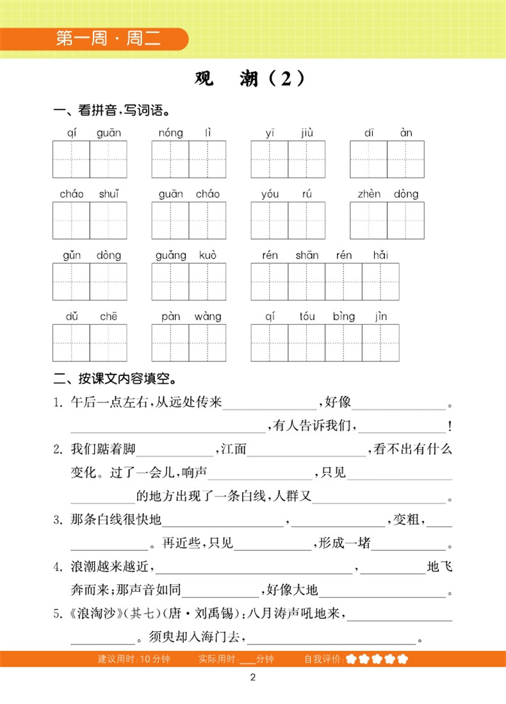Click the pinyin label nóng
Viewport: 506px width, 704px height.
pyautogui.click(x=171, y=133)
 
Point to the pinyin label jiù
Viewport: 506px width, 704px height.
pyautogui.click(x=307, y=133)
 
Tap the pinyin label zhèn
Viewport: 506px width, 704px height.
pyautogui.click(x=370, y=194)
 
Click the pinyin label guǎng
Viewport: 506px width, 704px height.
pyautogui.click(x=170, y=256)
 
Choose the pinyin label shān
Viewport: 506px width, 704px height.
pyautogui.click(x=307, y=256)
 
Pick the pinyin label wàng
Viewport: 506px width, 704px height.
pyautogui.click(x=208, y=316)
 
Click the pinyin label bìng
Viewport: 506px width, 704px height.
pyautogui.click(x=344, y=316)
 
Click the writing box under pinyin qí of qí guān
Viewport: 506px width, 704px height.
pyautogui.click(x=71, y=160)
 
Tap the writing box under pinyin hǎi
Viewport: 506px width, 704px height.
pyautogui.click(x=380, y=282)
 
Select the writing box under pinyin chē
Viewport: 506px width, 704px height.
pyautogui.click(x=108, y=343)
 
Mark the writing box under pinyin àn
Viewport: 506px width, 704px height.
pyautogui.click(x=405, y=160)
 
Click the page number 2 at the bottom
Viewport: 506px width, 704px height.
pyautogui.click(x=253, y=679)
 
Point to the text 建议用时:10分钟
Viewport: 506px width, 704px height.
pyautogui.click(x=134, y=659)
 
